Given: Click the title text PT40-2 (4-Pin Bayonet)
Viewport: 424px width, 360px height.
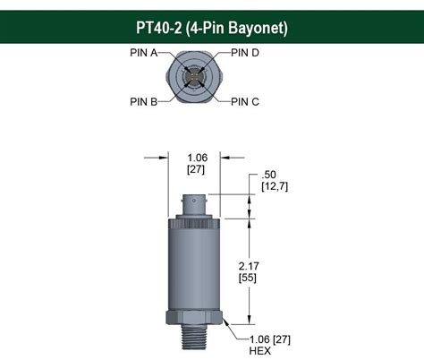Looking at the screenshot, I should point(211,27).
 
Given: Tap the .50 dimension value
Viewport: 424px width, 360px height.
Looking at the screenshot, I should point(268,174).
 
